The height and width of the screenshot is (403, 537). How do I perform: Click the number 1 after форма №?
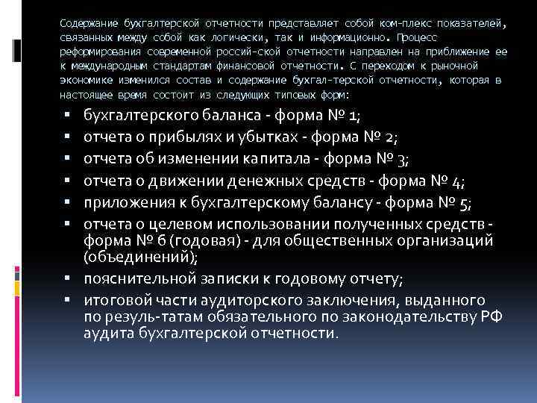tap(353, 116)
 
